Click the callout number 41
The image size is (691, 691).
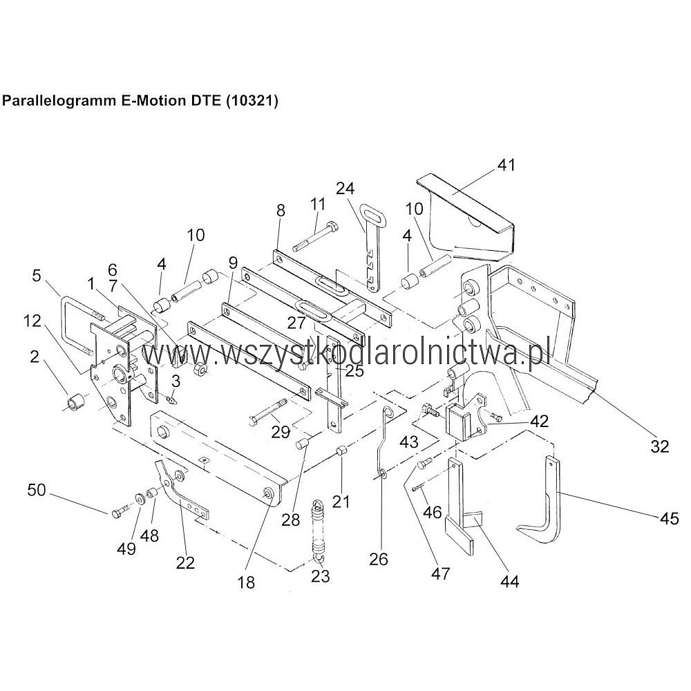506,165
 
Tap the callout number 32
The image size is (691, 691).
660,446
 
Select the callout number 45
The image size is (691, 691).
669,518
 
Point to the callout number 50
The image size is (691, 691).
37,490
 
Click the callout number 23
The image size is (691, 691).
321,576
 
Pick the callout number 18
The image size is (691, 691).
247,582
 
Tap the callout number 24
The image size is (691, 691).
345,189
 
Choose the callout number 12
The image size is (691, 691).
32,321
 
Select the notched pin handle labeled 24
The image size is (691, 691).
369,247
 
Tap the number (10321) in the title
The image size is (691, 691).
252,101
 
